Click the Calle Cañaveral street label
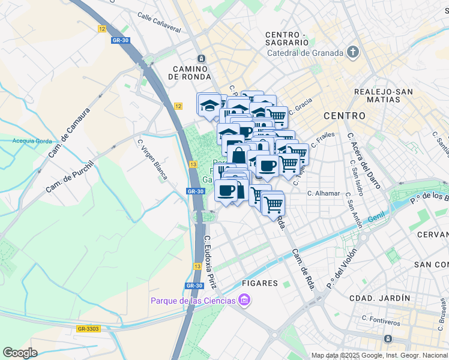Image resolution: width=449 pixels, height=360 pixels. pos(158,22)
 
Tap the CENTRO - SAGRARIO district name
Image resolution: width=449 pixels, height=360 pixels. pos(287,38)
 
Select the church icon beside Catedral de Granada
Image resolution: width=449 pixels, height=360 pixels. pos(353,52)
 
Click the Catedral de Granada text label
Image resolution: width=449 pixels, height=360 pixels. pos(306,52)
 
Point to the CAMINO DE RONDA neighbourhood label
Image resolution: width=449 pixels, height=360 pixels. pos(190,73)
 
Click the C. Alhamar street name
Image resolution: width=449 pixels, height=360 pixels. pos(324,193)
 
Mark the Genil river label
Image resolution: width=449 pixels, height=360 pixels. pos(376,221)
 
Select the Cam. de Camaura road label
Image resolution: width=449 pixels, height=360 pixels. pos(69,133)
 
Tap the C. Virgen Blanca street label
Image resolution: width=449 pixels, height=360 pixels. pos(153,159)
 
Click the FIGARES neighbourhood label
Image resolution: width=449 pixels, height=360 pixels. pos(260,283)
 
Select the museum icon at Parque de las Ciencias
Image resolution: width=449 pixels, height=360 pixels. pos(244,299)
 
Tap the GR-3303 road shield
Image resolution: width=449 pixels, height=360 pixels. pos(88,328)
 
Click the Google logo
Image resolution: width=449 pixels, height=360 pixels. pos(20,353)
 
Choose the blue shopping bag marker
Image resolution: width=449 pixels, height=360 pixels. pos(238,155)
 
